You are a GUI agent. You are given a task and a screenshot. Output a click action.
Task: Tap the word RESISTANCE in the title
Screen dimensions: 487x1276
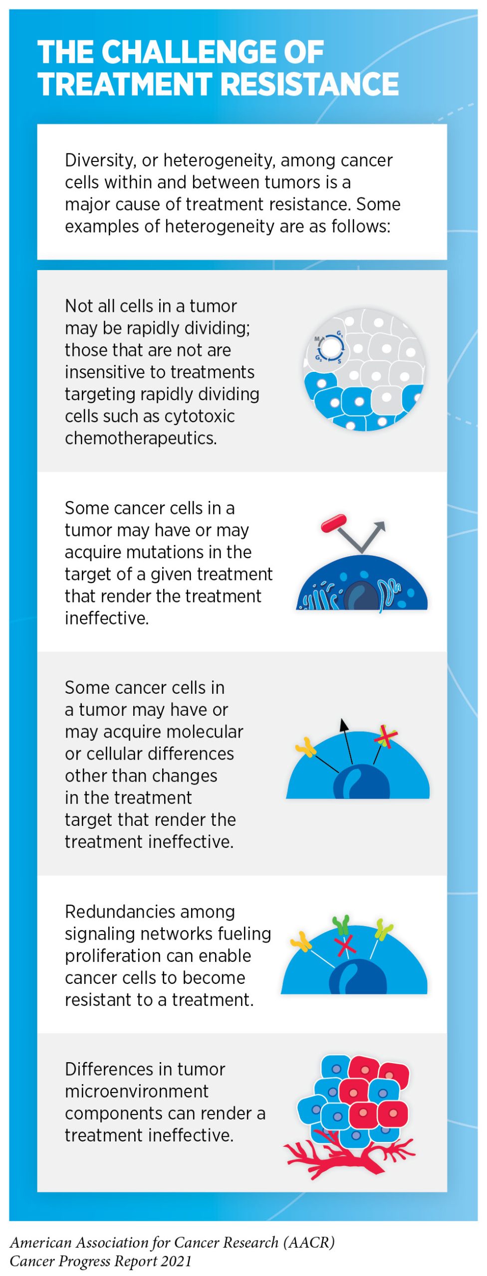(x=310, y=84)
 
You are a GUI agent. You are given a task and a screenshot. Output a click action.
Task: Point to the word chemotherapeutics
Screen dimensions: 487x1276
(x=141, y=438)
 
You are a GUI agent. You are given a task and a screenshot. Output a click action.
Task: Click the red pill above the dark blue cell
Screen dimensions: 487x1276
(x=334, y=523)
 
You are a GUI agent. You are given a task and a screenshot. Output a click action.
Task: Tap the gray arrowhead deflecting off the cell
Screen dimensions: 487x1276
(x=380, y=527)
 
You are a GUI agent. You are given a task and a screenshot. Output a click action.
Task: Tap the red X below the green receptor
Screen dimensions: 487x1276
(x=345, y=946)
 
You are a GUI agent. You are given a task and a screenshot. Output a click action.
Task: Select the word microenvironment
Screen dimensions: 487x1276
(x=137, y=1091)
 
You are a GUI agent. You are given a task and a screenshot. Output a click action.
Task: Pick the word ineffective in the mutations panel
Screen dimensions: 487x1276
(x=107, y=618)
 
